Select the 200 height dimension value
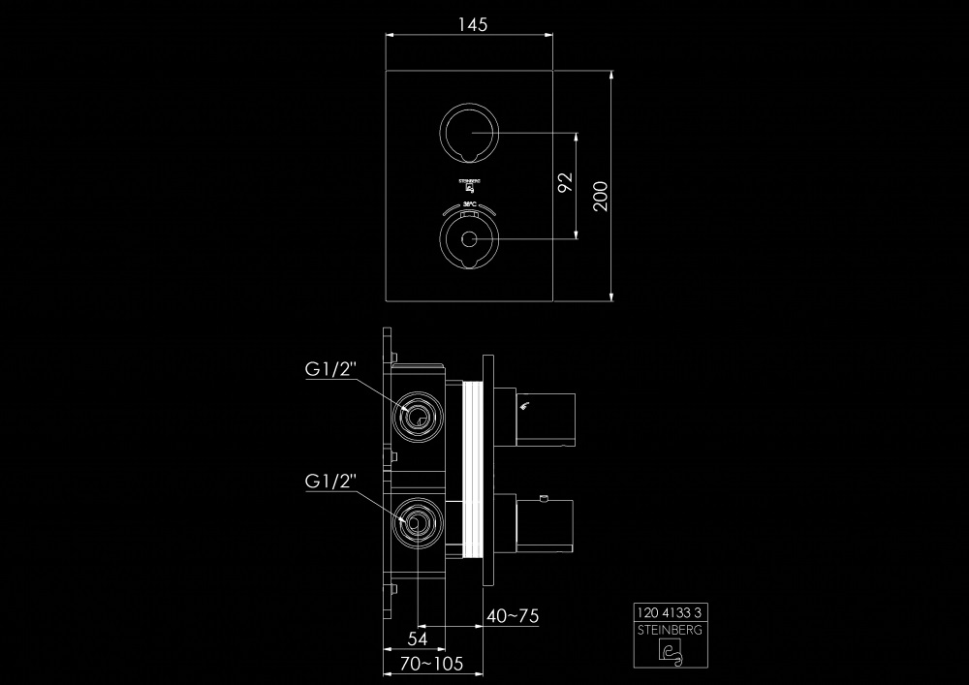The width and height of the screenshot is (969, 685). (600, 195)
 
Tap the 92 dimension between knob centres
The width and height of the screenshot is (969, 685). (566, 182)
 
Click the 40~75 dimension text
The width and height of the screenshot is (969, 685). (513, 616)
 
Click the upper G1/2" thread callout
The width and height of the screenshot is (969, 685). (332, 369)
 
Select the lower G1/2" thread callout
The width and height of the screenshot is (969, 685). (332, 481)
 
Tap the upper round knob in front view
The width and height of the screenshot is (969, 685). (470, 133)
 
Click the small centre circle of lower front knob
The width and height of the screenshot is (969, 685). (470, 240)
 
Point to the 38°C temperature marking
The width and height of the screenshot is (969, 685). (469, 204)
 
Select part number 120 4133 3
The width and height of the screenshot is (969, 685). (672, 611)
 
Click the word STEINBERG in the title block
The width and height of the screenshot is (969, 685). (672, 629)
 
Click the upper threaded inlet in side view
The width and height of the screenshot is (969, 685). (418, 418)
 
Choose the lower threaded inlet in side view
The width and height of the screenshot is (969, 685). (418, 524)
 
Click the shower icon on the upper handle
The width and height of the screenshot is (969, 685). (525, 406)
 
